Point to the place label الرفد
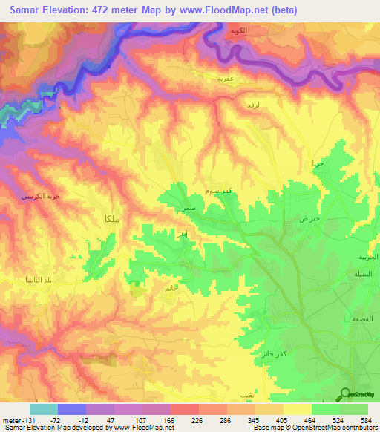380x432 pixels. click(x=255, y=106)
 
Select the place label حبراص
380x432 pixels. click(x=309, y=220)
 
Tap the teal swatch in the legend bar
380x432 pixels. click(x=44, y=409)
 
